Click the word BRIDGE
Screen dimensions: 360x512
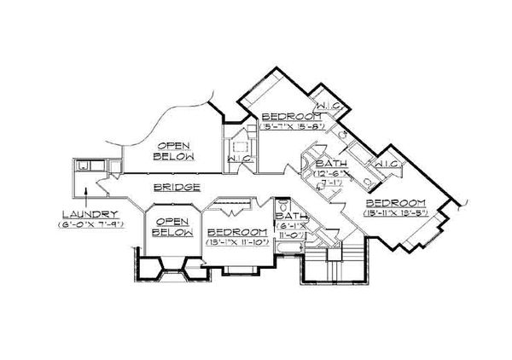[177, 186]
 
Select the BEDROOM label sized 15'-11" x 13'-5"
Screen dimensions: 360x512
[393, 203]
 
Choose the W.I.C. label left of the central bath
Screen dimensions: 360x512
[239, 158]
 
